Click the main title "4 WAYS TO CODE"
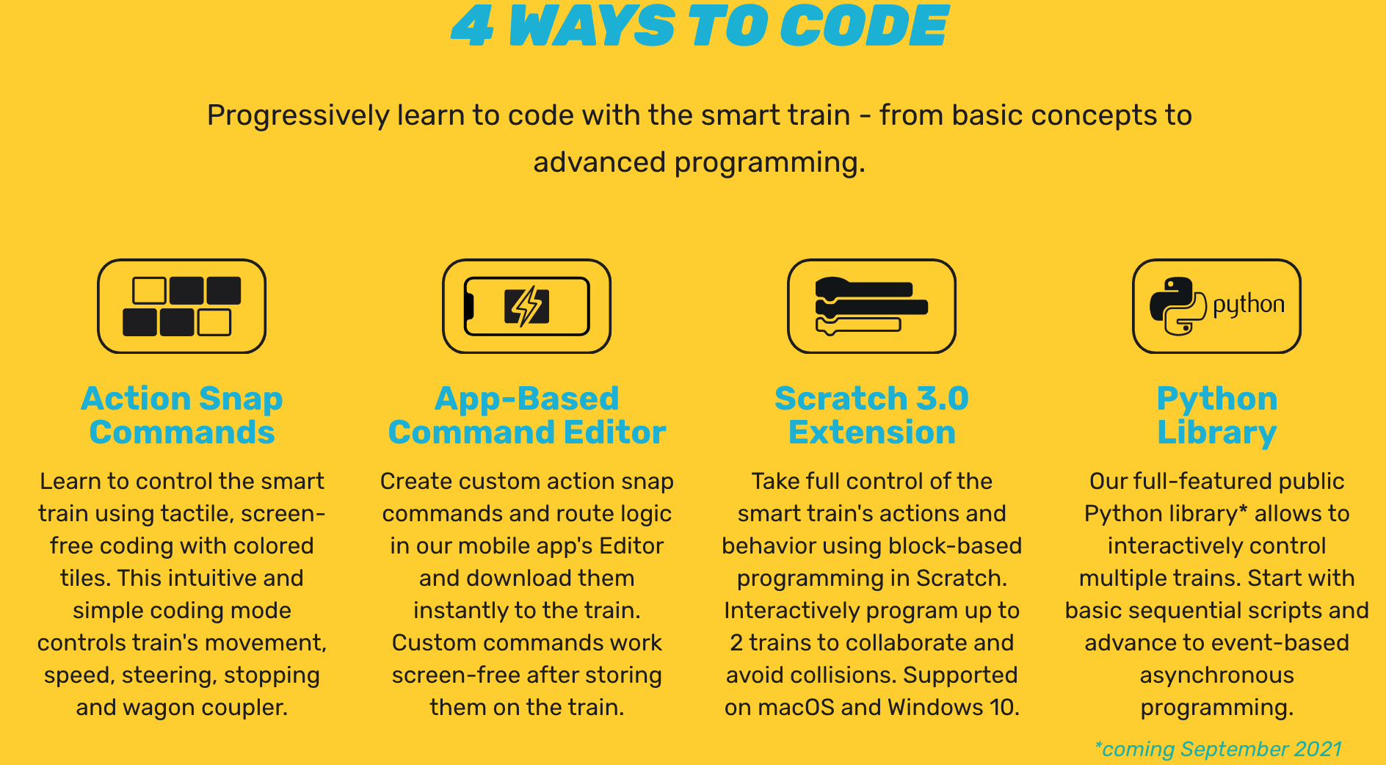pos(700,26)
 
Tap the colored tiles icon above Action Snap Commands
pos(182,306)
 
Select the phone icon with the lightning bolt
pos(527,306)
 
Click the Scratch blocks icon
pos(871,306)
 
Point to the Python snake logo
pos(1178,306)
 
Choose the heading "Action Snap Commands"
pos(182,415)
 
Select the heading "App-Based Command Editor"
pos(527,415)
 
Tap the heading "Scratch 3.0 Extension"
pos(872,415)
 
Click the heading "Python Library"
pos(1217,415)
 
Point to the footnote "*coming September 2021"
pos(1218,749)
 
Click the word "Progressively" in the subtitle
pos(298,116)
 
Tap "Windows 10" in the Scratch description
pos(954,707)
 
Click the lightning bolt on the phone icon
pos(527,306)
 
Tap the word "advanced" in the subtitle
pos(599,162)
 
